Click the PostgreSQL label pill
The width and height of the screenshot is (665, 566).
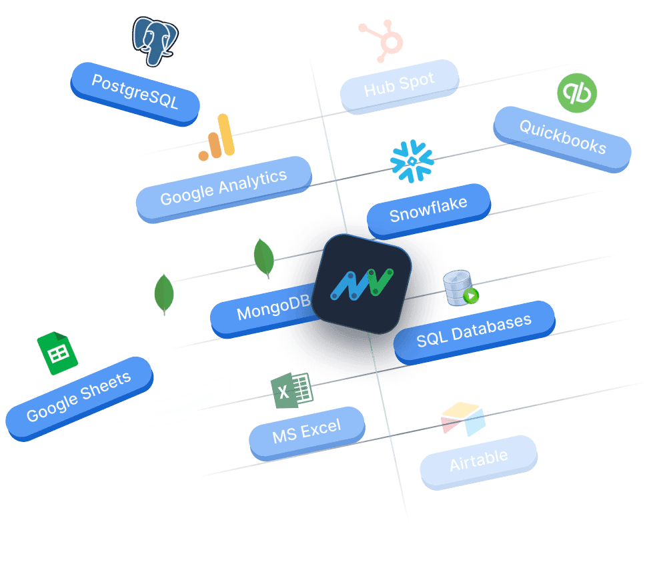click(x=135, y=93)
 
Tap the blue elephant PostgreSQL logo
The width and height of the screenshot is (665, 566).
click(x=155, y=41)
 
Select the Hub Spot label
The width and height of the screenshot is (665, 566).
click(x=399, y=86)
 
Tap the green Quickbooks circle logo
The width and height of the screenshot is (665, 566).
click(x=576, y=93)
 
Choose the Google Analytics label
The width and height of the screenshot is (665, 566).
click(x=223, y=187)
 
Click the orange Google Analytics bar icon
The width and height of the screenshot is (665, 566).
click(x=217, y=137)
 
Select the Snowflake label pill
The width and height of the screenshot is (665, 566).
click(x=428, y=210)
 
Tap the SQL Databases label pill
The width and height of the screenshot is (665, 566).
click(x=474, y=330)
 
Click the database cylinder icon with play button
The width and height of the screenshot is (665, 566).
click(x=461, y=288)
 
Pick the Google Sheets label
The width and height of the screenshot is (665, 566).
click(x=78, y=397)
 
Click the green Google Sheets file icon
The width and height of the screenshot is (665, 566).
click(x=57, y=353)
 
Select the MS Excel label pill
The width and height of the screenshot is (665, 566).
click(x=306, y=431)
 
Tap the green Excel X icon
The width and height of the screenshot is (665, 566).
click(x=291, y=390)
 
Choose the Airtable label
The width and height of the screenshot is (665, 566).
click(x=478, y=461)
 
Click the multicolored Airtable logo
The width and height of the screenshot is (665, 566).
click(x=463, y=419)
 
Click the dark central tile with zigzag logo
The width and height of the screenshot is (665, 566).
click(x=362, y=284)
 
